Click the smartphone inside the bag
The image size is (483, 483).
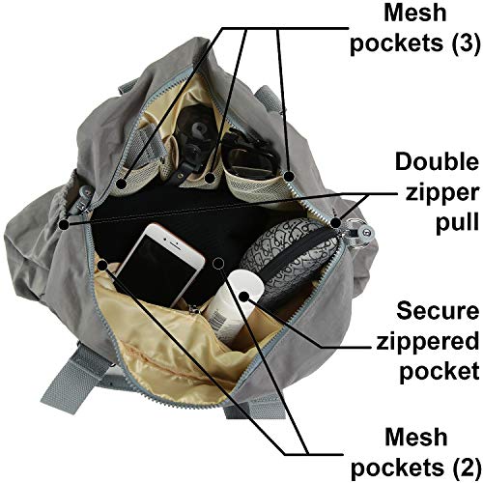pyautogui.click(x=160, y=264)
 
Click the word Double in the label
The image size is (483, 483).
pyautogui.click(x=437, y=162)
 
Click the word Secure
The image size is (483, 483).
pyautogui.click(x=438, y=311)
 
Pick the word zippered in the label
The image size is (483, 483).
pyautogui.click(x=428, y=342)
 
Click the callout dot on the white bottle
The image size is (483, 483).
pyautogui.click(x=244, y=297)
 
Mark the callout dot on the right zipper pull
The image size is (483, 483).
pyautogui.click(x=335, y=223)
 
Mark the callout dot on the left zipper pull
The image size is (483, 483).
pyautogui.click(x=65, y=224)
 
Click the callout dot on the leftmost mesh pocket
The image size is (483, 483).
pyautogui.click(x=122, y=185)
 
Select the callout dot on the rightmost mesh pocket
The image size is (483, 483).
pyautogui.click(x=289, y=177)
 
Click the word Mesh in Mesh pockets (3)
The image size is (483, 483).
pyautogui.click(x=415, y=13)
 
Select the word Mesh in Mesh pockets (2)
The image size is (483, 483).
pyautogui.click(x=416, y=438)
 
